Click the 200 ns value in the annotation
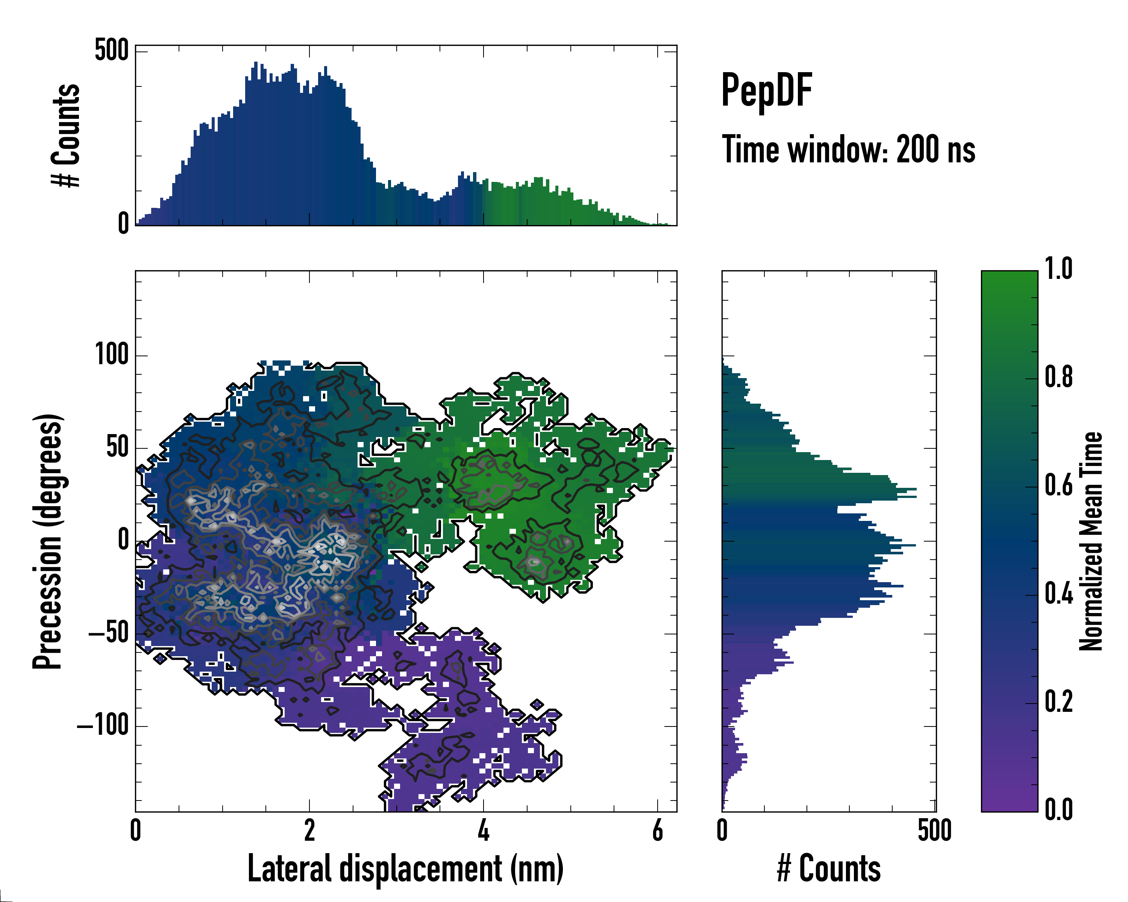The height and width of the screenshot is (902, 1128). click(935, 150)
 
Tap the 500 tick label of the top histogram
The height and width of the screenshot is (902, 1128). click(111, 50)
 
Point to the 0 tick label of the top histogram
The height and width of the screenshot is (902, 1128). click(123, 223)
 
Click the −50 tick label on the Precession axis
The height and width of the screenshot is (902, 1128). click(108, 633)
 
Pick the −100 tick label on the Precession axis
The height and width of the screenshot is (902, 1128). click(103, 726)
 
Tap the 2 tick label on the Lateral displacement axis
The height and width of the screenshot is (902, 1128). click(309, 830)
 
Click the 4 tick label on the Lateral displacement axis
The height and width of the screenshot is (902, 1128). click(484, 830)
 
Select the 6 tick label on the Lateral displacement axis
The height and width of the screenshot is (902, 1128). click(658, 830)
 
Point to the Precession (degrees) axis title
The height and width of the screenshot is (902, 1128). click(48, 541)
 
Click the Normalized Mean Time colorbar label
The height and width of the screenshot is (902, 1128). click(1091, 541)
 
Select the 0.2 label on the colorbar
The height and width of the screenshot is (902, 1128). click(1058, 701)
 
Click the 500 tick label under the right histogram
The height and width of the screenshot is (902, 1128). click(934, 830)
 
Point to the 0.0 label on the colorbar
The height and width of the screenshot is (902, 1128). click(1058, 810)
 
